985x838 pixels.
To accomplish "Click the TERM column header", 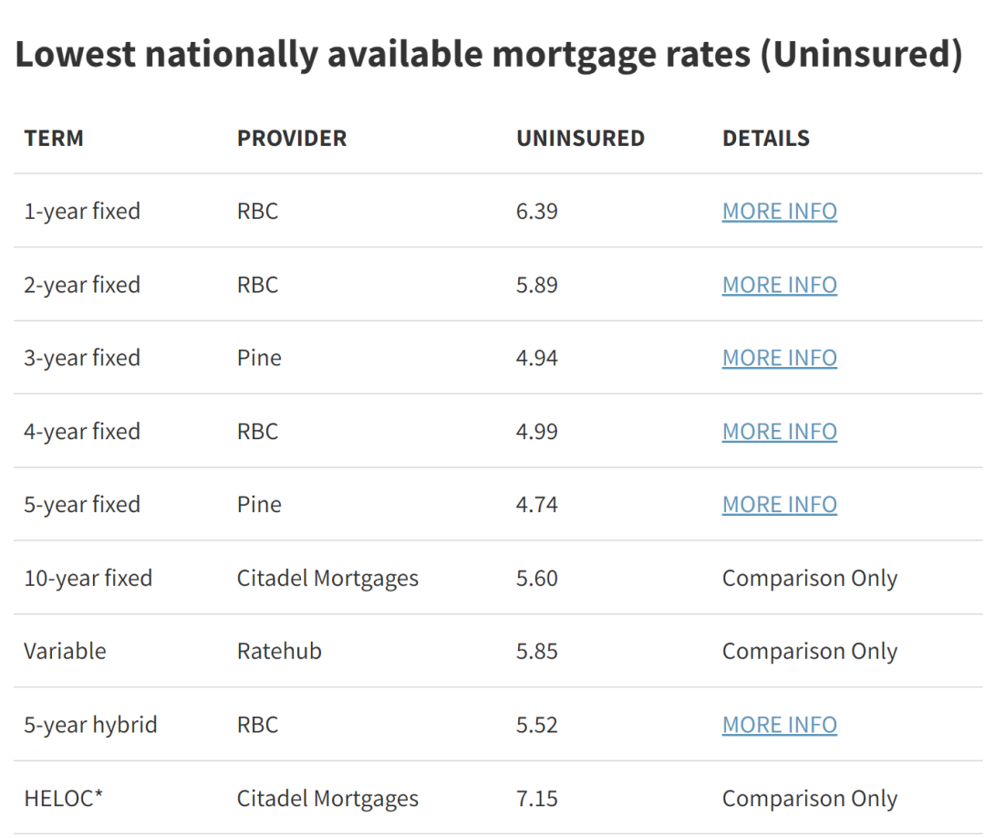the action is pos(54,139).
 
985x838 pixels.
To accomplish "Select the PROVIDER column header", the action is pos(292,139).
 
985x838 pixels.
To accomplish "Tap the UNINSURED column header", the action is pos(580,139).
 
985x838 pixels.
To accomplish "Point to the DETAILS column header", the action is pos(766,139).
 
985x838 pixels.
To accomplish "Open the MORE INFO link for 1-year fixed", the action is pos(780,211).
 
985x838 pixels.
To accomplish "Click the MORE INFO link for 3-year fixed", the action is pos(780,358).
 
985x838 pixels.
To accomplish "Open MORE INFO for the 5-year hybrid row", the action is pos(780,725).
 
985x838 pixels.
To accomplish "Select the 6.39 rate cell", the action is pos(536,211).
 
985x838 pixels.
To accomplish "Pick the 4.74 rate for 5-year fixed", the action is pos(536,504).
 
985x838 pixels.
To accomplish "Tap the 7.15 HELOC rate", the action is pos(536,799).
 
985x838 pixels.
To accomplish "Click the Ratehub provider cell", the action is pos(279,651).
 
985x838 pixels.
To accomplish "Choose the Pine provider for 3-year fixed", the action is pos(259,358).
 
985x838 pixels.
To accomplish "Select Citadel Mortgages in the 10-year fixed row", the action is pos(327,579).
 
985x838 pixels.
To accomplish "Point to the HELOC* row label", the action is pos(63,799).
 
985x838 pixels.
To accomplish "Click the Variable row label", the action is pos(65,651).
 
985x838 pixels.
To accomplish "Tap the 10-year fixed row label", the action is pos(88,579).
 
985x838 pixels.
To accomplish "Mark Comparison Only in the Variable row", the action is pos(810,651).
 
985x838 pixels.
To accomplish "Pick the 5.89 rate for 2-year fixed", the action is pos(536,285).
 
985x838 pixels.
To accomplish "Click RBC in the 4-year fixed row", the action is pos(257,431).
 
